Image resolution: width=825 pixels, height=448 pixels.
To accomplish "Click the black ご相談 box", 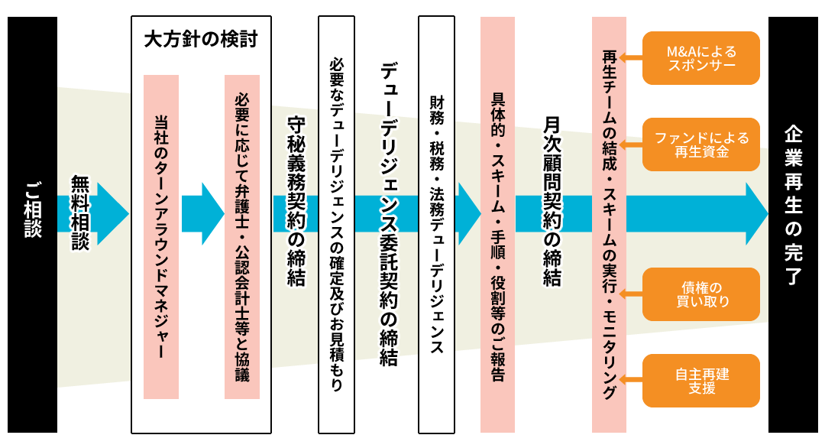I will click(32, 224).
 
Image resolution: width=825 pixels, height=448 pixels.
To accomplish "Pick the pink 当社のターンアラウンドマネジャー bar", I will click(161, 236).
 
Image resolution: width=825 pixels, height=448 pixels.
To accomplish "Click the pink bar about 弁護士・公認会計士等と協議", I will click(241, 236).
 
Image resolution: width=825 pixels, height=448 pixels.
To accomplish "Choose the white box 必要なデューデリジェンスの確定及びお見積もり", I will click(336, 224).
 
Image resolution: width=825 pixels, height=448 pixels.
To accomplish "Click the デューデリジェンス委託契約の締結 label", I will click(389, 214).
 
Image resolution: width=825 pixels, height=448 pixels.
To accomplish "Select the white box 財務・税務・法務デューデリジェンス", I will click(436, 224).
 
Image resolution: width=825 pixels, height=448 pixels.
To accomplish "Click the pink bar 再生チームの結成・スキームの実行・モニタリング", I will click(609, 224).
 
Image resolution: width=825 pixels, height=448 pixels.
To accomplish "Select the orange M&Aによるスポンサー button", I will click(700, 58).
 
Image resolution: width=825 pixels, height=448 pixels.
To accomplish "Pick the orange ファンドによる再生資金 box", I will click(700, 144).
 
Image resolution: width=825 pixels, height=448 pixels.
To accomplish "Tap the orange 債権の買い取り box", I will click(700, 294).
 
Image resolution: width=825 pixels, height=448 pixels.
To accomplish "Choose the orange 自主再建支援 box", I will click(700, 380).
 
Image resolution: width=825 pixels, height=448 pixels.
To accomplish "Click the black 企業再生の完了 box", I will click(794, 224).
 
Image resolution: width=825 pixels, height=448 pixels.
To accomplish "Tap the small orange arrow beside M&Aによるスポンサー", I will click(633, 58).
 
